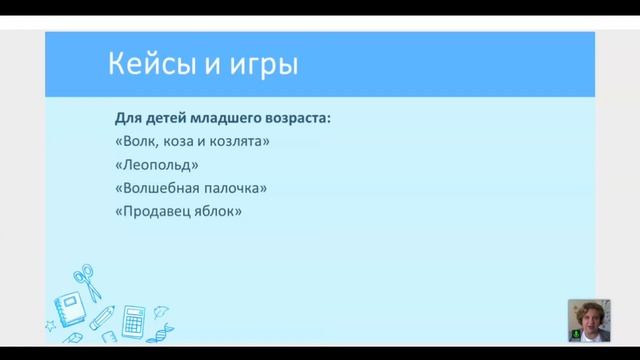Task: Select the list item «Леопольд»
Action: point(157,165)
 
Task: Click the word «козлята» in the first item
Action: point(242,142)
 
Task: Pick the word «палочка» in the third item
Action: point(239,188)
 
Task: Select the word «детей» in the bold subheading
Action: point(167,118)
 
